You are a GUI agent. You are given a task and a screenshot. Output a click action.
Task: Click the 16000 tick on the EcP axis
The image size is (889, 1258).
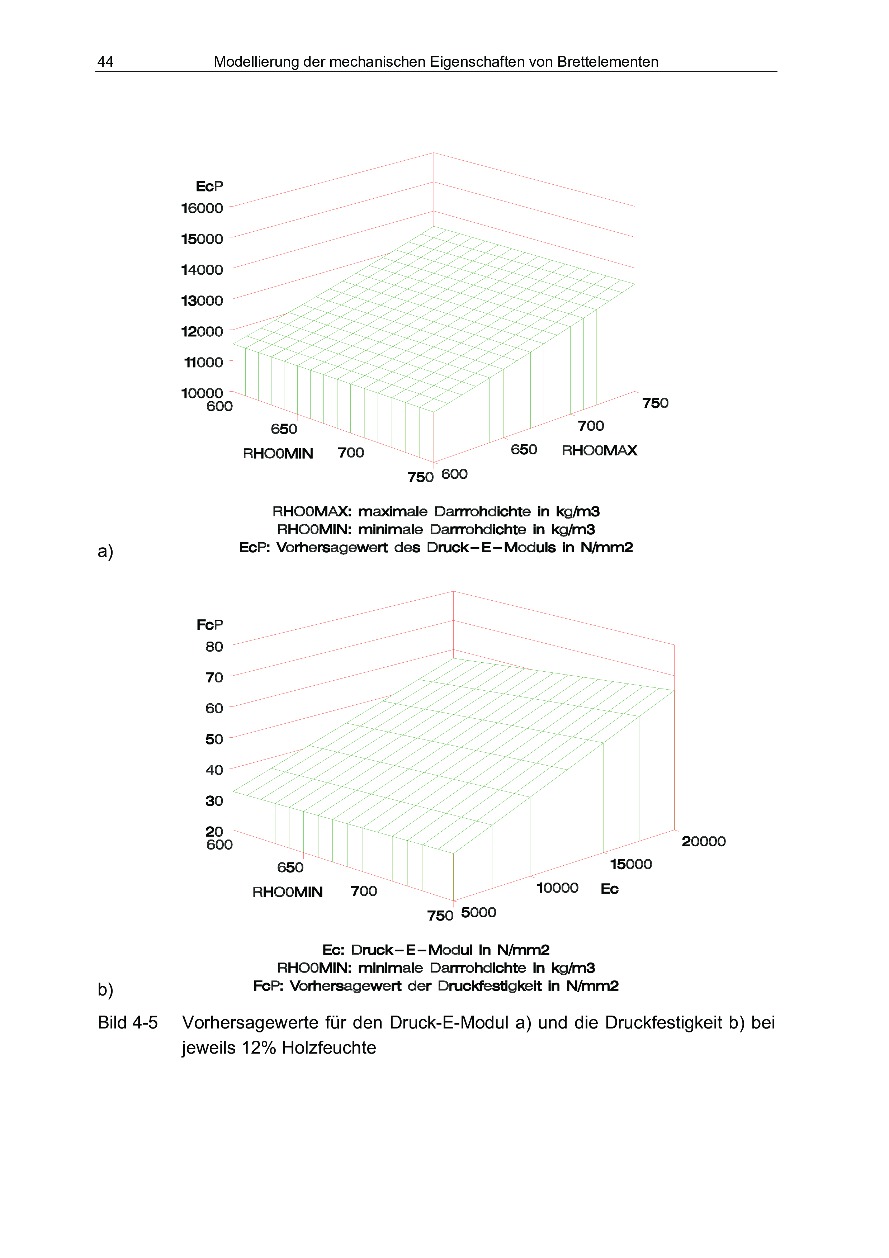coord(202,208)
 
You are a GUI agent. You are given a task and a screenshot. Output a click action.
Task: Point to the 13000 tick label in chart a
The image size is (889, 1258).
coord(202,301)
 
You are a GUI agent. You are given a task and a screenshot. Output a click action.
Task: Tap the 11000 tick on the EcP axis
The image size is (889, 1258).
coord(204,362)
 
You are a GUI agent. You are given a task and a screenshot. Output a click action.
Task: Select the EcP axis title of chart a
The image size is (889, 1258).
coord(209,186)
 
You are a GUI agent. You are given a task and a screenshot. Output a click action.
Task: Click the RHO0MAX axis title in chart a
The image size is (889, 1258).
coord(599,450)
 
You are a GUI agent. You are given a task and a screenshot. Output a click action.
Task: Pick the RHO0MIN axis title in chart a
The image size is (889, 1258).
coord(278,454)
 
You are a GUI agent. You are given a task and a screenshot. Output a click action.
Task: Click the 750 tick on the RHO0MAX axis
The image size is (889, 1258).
coord(655,403)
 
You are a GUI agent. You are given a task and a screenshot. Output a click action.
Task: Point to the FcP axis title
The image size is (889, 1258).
coord(210,625)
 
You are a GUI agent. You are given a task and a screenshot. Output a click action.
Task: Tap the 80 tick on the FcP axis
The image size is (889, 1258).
coord(214,647)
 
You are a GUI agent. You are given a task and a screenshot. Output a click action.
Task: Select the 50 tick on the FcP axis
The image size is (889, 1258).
coord(214,739)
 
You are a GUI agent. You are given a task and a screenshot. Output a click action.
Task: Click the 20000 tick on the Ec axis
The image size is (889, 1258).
coord(703,842)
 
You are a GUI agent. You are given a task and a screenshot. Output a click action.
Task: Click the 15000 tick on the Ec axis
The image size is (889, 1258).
coord(630,865)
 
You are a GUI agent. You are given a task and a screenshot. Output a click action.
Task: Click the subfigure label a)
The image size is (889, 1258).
coord(105,551)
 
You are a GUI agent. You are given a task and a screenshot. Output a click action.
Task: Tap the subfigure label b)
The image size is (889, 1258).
coord(105,989)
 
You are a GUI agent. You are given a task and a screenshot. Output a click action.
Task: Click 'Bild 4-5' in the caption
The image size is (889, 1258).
coord(128,1022)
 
